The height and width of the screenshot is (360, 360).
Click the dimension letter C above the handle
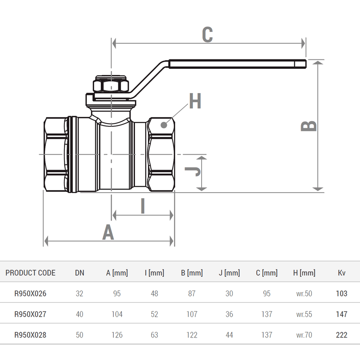click(x=207, y=35)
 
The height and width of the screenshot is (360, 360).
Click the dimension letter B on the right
click(x=309, y=126)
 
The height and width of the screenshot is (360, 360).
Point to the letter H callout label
click(x=195, y=102)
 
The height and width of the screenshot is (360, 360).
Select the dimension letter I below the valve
click(x=143, y=206)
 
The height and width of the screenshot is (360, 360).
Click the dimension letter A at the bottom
click(x=108, y=233)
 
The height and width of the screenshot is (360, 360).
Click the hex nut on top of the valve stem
click(x=111, y=85)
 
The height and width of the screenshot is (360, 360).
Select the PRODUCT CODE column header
click(x=31, y=273)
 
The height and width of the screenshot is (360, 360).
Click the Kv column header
click(x=342, y=273)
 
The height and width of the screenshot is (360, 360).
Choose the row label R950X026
click(x=31, y=293)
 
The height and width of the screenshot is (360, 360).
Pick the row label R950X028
click(x=31, y=335)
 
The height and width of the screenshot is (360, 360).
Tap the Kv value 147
click(x=342, y=314)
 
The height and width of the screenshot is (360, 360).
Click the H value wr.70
click(x=304, y=335)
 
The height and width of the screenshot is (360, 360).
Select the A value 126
click(x=117, y=335)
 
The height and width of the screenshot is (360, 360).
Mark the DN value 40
click(x=80, y=314)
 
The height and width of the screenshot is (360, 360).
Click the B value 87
click(x=192, y=293)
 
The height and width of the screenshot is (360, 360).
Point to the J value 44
click(x=229, y=335)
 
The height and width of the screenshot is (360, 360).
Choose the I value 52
click(x=154, y=314)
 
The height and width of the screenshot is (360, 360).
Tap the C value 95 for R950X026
click(x=267, y=293)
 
